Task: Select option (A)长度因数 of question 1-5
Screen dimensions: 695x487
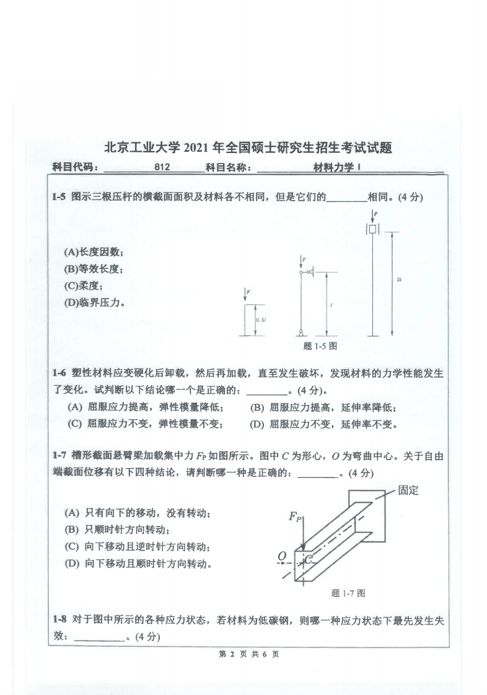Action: click(94, 252)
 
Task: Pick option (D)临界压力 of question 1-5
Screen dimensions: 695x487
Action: click(94, 303)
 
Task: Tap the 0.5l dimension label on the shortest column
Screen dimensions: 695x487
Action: click(261, 320)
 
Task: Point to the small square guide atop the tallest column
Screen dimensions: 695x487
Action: click(372, 229)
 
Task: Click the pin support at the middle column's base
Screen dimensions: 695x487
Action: click(301, 333)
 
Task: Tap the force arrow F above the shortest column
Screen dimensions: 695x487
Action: click(247, 296)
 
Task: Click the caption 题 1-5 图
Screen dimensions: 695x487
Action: click(320, 346)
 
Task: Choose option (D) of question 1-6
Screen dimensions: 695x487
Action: click(322, 424)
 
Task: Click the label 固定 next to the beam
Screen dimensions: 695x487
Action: click(408, 491)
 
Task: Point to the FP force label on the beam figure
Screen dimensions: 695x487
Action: click(295, 517)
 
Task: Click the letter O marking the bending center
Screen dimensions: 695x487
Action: click(282, 556)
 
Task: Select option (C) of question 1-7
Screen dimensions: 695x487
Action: click(137, 547)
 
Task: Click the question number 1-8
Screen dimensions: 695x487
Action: click(59, 619)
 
